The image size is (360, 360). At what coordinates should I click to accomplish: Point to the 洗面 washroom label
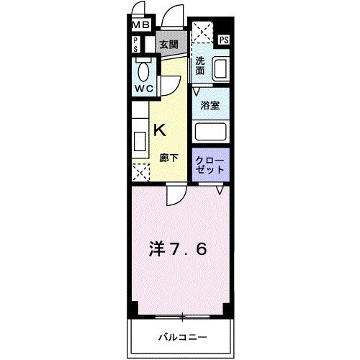201,66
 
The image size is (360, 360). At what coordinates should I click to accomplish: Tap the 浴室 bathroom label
210,105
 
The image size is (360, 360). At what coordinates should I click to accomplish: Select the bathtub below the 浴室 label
212,132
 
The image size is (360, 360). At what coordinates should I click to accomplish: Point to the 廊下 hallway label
168,156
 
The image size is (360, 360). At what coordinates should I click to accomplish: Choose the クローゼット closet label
210,163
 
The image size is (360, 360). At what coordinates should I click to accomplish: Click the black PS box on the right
224,40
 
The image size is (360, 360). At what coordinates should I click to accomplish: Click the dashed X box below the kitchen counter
140,171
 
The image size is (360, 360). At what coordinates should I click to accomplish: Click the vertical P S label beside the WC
135,45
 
